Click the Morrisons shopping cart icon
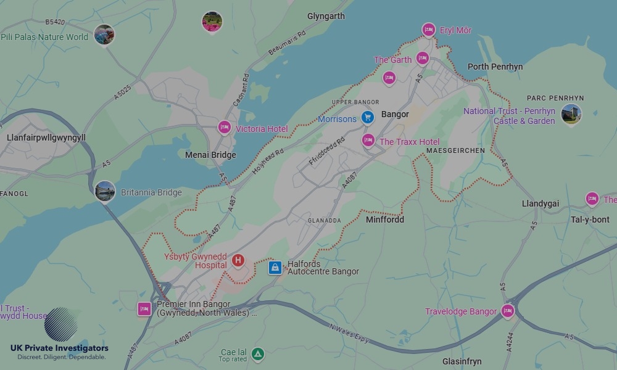[368, 117]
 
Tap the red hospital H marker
[238, 261]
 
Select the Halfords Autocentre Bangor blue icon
[275, 267]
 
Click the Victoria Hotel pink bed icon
[225, 128]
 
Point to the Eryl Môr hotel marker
[429, 30]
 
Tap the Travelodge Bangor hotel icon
[508, 311]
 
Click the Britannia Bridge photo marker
[105, 191]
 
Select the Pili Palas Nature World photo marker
[104, 35]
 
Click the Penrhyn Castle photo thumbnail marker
[571, 115]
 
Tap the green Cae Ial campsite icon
[258, 354]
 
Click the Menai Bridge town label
[210, 155]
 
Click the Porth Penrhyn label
[495, 67]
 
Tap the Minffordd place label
[385, 220]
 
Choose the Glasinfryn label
[462, 361]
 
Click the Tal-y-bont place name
[590, 220]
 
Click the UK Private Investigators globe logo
[61, 324]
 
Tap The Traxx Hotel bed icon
[368, 141]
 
